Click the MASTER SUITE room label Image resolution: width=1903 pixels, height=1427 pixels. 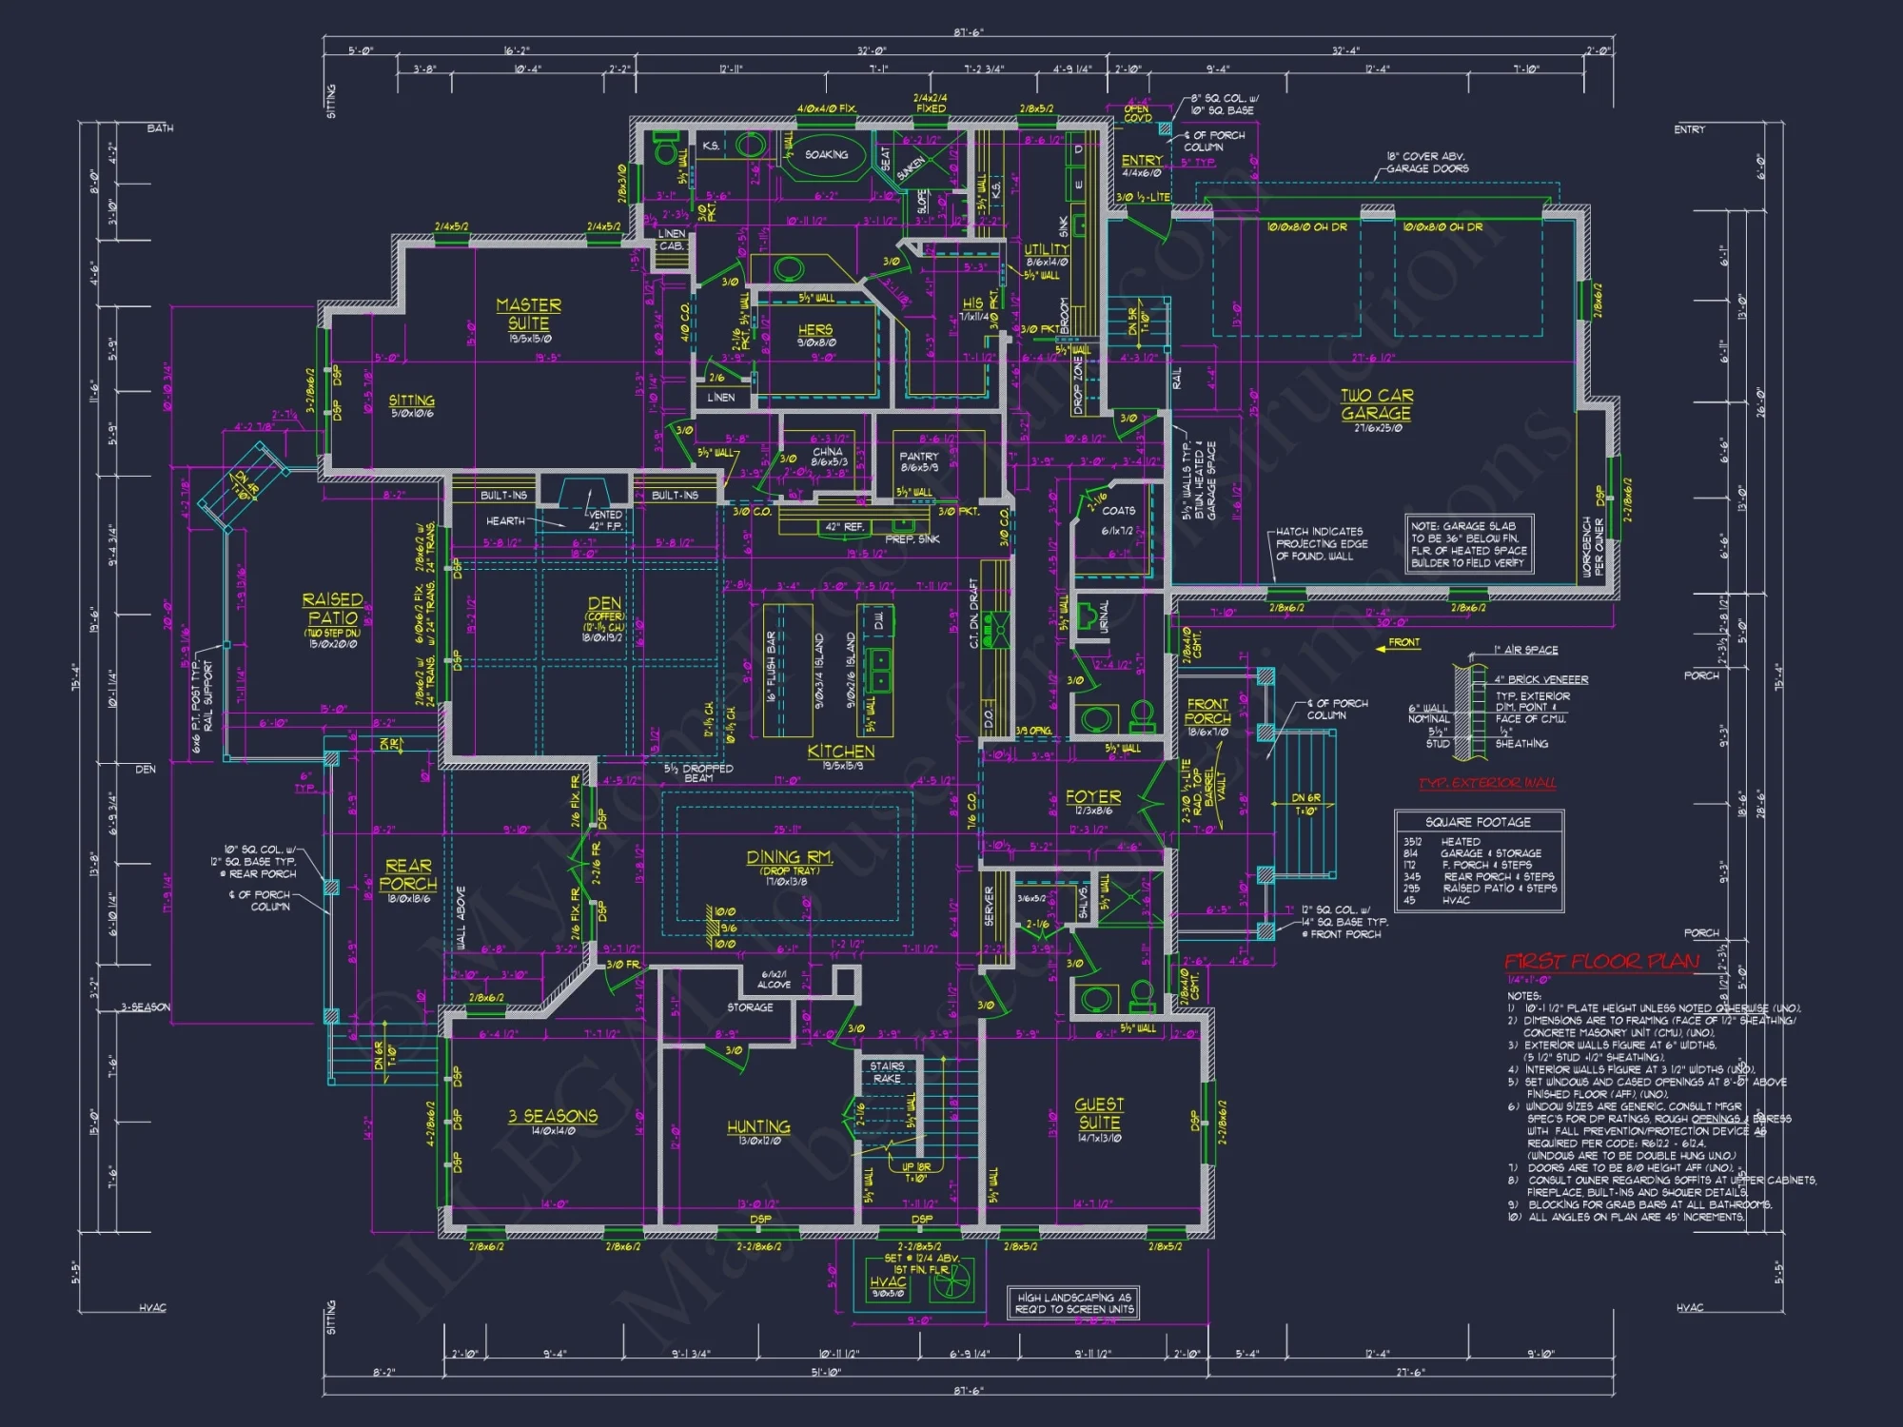528,314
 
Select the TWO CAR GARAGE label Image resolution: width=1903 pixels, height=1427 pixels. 1376,404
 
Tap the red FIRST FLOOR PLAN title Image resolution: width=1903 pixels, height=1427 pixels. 1601,962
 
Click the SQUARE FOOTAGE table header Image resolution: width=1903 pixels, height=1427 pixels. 1478,822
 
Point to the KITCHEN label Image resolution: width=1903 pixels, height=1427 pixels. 841,752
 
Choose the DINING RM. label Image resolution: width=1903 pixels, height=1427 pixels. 789,858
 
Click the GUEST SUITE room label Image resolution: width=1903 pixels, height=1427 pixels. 1099,1113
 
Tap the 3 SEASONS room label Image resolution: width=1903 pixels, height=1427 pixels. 552,1116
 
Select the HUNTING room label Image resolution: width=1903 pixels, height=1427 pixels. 758,1127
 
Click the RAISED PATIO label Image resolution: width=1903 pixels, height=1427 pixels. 332,609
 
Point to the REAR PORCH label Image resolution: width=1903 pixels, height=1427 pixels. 408,875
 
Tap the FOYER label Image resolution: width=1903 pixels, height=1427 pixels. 1092,797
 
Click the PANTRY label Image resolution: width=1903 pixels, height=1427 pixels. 918,457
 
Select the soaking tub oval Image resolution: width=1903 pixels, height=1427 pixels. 826,155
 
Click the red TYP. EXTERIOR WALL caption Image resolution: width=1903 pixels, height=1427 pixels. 1487,783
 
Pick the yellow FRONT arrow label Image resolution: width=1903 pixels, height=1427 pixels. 1403,643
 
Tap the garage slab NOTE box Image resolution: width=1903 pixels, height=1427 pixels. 1468,544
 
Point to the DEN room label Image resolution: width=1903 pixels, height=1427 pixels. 604,603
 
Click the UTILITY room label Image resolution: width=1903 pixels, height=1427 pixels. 1047,249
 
